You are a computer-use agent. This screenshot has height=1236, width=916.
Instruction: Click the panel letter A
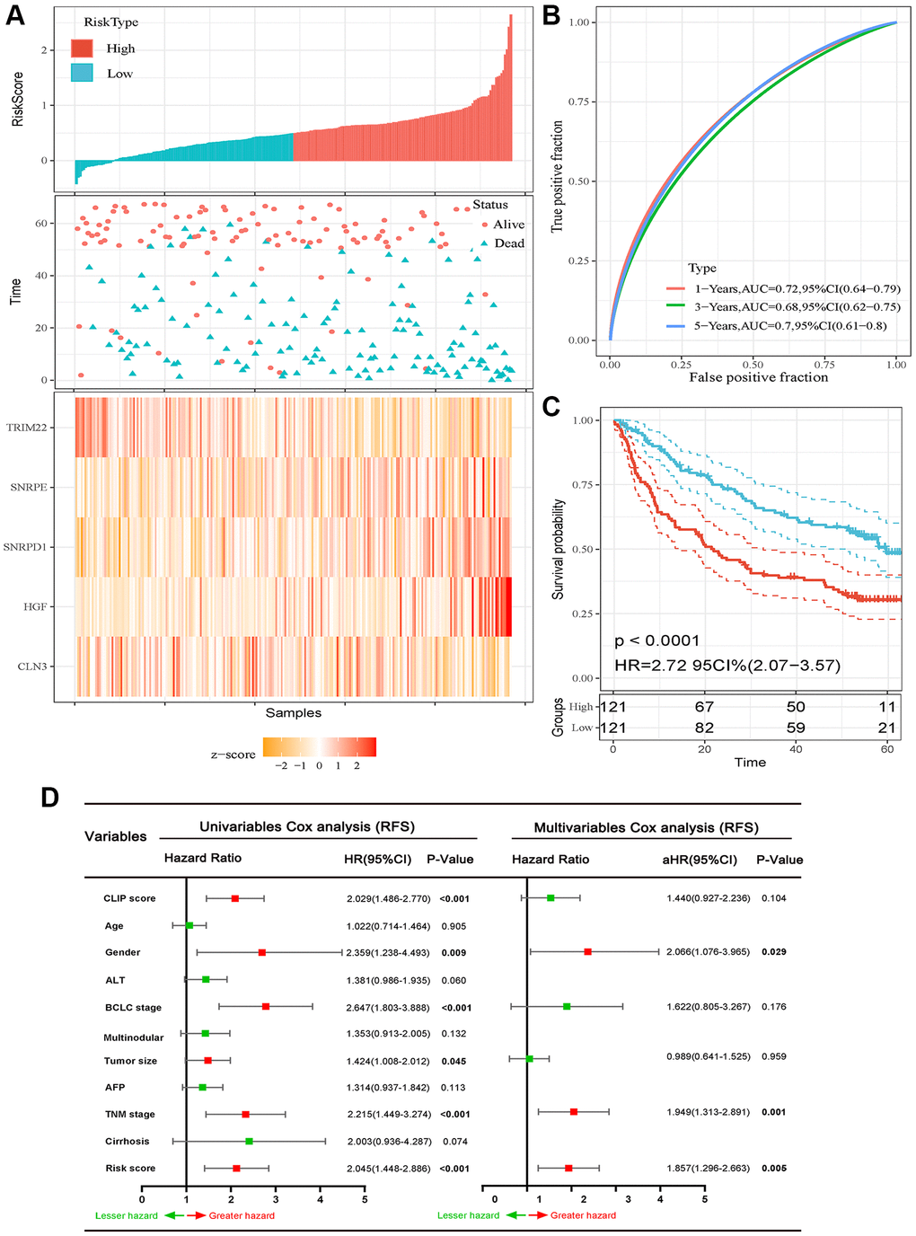pyautogui.click(x=14, y=15)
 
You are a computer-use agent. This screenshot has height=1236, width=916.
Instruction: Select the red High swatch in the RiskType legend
pyautogui.click(x=83, y=49)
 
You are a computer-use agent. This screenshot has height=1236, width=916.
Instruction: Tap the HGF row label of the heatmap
pyautogui.click(x=34, y=607)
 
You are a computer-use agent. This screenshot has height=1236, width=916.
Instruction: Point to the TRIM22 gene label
pyautogui.click(x=26, y=428)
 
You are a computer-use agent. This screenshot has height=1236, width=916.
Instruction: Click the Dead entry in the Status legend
pyautogui.click(x=508, y=243)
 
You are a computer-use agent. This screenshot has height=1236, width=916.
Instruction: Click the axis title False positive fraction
pyautogui.click(x=758, y=377)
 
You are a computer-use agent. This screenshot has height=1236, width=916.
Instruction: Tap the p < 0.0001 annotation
pyautogui.click(x=656, y=640)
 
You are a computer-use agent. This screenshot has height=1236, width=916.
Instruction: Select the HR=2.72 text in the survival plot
pyautogui.click(x=727, y=666)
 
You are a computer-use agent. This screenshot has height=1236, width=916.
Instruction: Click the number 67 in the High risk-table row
pyautogui.click(x=704, y=707)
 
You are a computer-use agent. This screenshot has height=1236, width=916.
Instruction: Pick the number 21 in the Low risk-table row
pyautogui.click(x=886, y=728)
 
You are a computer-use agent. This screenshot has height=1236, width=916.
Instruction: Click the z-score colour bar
pyautogui.click(x=319, y=746)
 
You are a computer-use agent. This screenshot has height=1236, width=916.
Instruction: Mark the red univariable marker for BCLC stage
pyautogui.click(x=266, y=1007)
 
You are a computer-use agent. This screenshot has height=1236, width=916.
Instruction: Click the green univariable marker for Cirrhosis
pyautogui.click(x=249, y=1142)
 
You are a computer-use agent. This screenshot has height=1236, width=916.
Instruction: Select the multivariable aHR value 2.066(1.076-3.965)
pyautogui.click(x=708, y=951)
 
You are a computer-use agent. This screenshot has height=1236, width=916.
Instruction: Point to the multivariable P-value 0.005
pyautogui.click(x=773, y=1169)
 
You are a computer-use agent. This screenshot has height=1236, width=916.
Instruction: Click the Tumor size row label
pyautogui.click(x=130, y=1061)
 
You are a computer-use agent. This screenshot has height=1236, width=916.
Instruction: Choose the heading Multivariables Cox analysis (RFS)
pyautogui.click(x=646, y=827)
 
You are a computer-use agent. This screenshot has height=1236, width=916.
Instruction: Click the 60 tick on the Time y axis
pyautogui.click(x=41, y=224)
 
